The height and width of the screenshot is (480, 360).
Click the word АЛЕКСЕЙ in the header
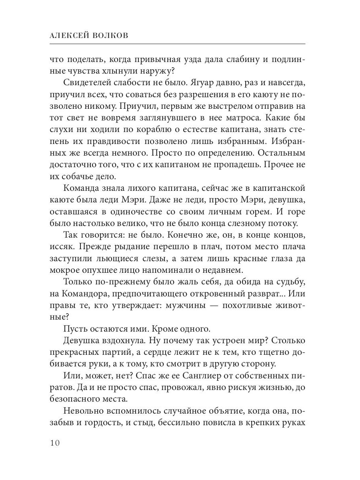[x=69, y=36]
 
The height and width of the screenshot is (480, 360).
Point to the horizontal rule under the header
[x=178, y=43]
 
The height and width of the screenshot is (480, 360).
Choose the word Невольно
[x=82, y=419]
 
